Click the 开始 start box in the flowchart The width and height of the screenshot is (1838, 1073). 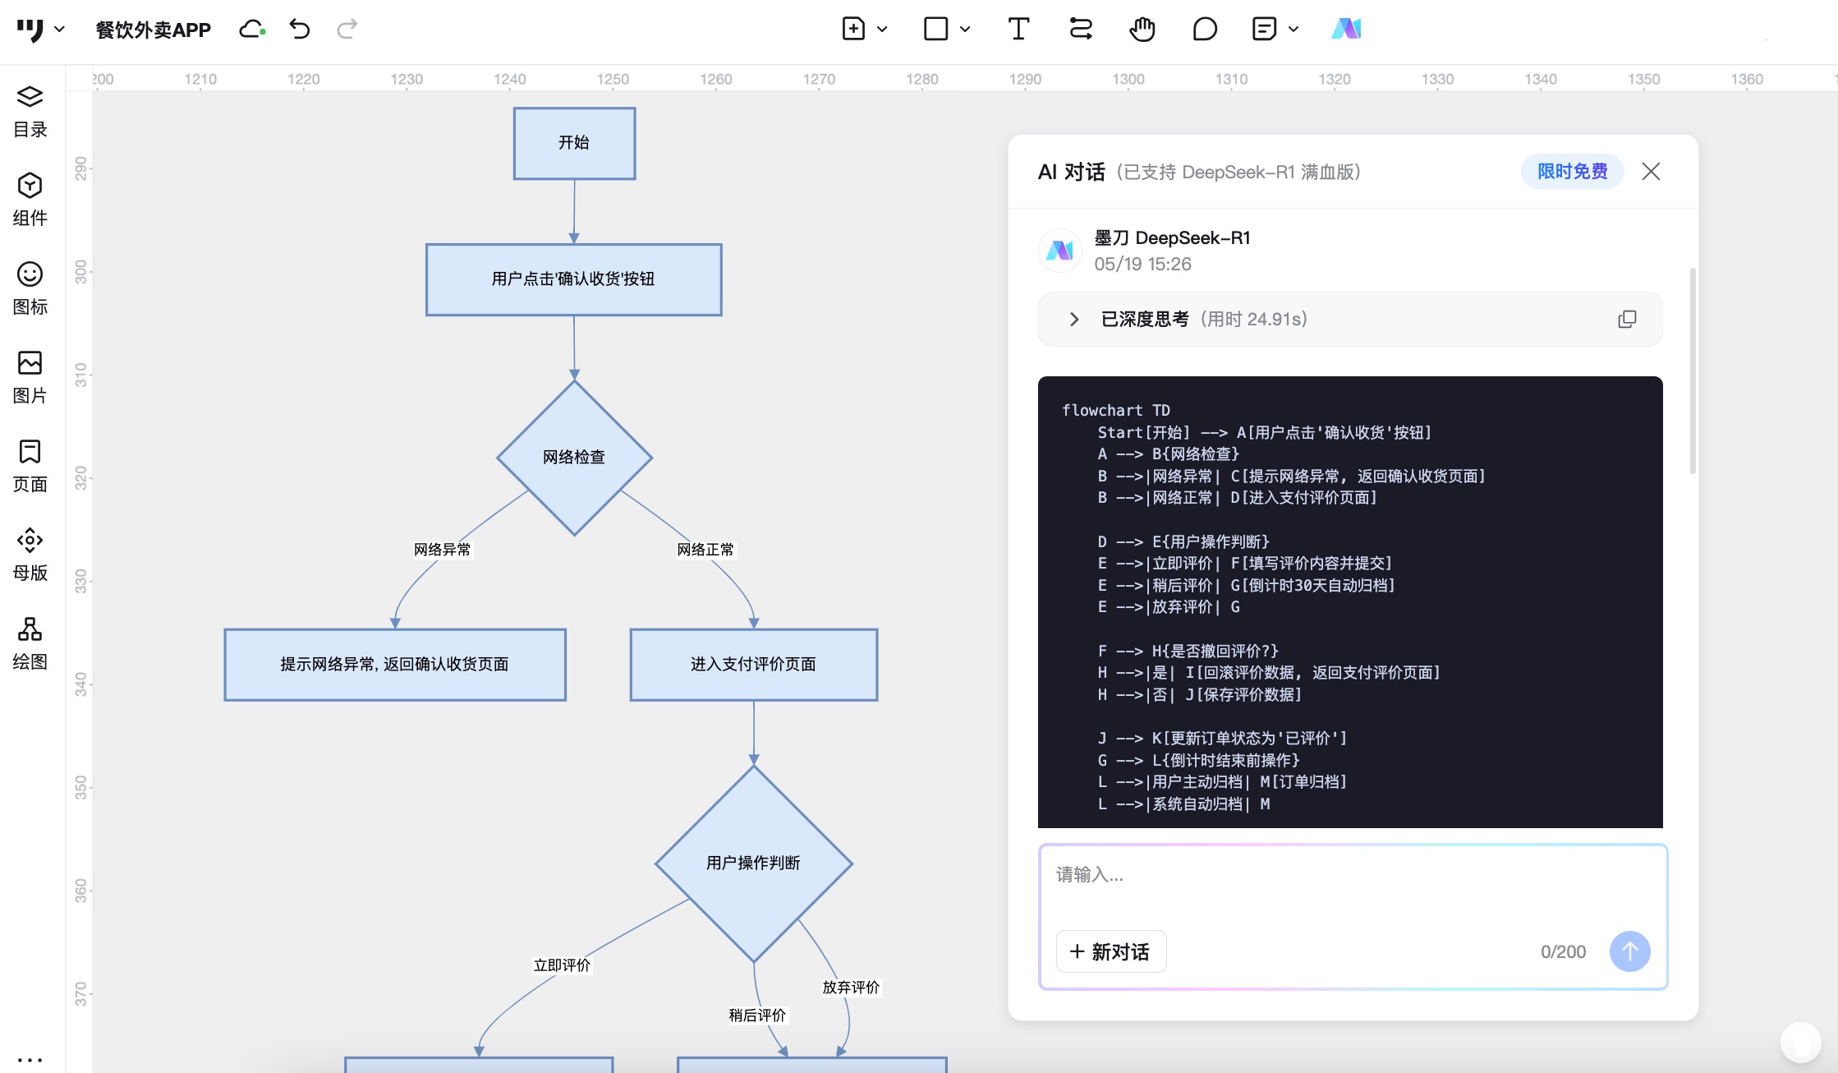tap(574, 143)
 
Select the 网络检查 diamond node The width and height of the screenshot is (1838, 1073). tap(574, 458)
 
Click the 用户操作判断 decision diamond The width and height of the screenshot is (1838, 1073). tap(753, 863)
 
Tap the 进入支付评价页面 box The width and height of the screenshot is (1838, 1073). tap(753, 665)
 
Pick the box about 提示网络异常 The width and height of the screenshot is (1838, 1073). tap(395, 665)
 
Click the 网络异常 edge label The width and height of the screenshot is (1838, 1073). tap(443, 550)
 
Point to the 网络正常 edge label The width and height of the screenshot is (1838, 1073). tap(705, 550)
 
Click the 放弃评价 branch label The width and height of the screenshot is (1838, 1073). tap(851, 988)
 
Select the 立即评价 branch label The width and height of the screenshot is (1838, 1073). tap(562, 965)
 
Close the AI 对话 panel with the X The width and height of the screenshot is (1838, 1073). tap(1651, 171)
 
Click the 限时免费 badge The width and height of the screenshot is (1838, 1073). tap(1572, 171)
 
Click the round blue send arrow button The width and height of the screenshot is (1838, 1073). tap(1629, 951)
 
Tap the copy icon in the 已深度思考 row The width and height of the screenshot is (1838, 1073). tap(1627, 319)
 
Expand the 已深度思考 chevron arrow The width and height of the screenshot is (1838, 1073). tap(1074, 319)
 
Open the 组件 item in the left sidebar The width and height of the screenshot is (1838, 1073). tap(30, 199)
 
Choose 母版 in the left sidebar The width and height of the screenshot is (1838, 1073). tap(30, 555)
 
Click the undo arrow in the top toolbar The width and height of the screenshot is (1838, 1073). tap(300, 30)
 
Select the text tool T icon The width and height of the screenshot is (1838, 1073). tap(1018, 30)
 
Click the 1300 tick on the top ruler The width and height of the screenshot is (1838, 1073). tap(1128, 79)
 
